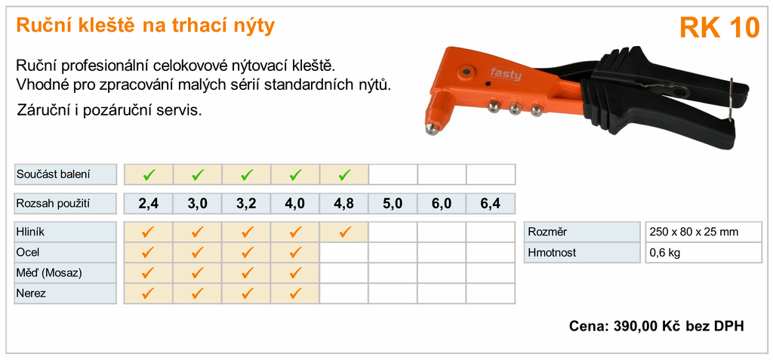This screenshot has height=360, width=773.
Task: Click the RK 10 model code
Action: [719, 28]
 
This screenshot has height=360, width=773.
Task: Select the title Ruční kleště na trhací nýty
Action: [146, 26]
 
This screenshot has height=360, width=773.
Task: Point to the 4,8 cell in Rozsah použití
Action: [344, 203]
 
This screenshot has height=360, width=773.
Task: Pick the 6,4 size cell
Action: [491, 203]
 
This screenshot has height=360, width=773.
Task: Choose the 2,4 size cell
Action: [149, 203]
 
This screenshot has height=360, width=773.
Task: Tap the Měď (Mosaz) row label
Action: [49, 273]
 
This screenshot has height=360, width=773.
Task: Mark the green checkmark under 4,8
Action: [344, 174]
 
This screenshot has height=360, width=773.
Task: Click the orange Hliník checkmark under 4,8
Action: [344, 231]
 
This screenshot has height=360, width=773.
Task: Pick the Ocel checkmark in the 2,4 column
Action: [148, 252]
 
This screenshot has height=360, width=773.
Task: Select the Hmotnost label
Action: [552, 253]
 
